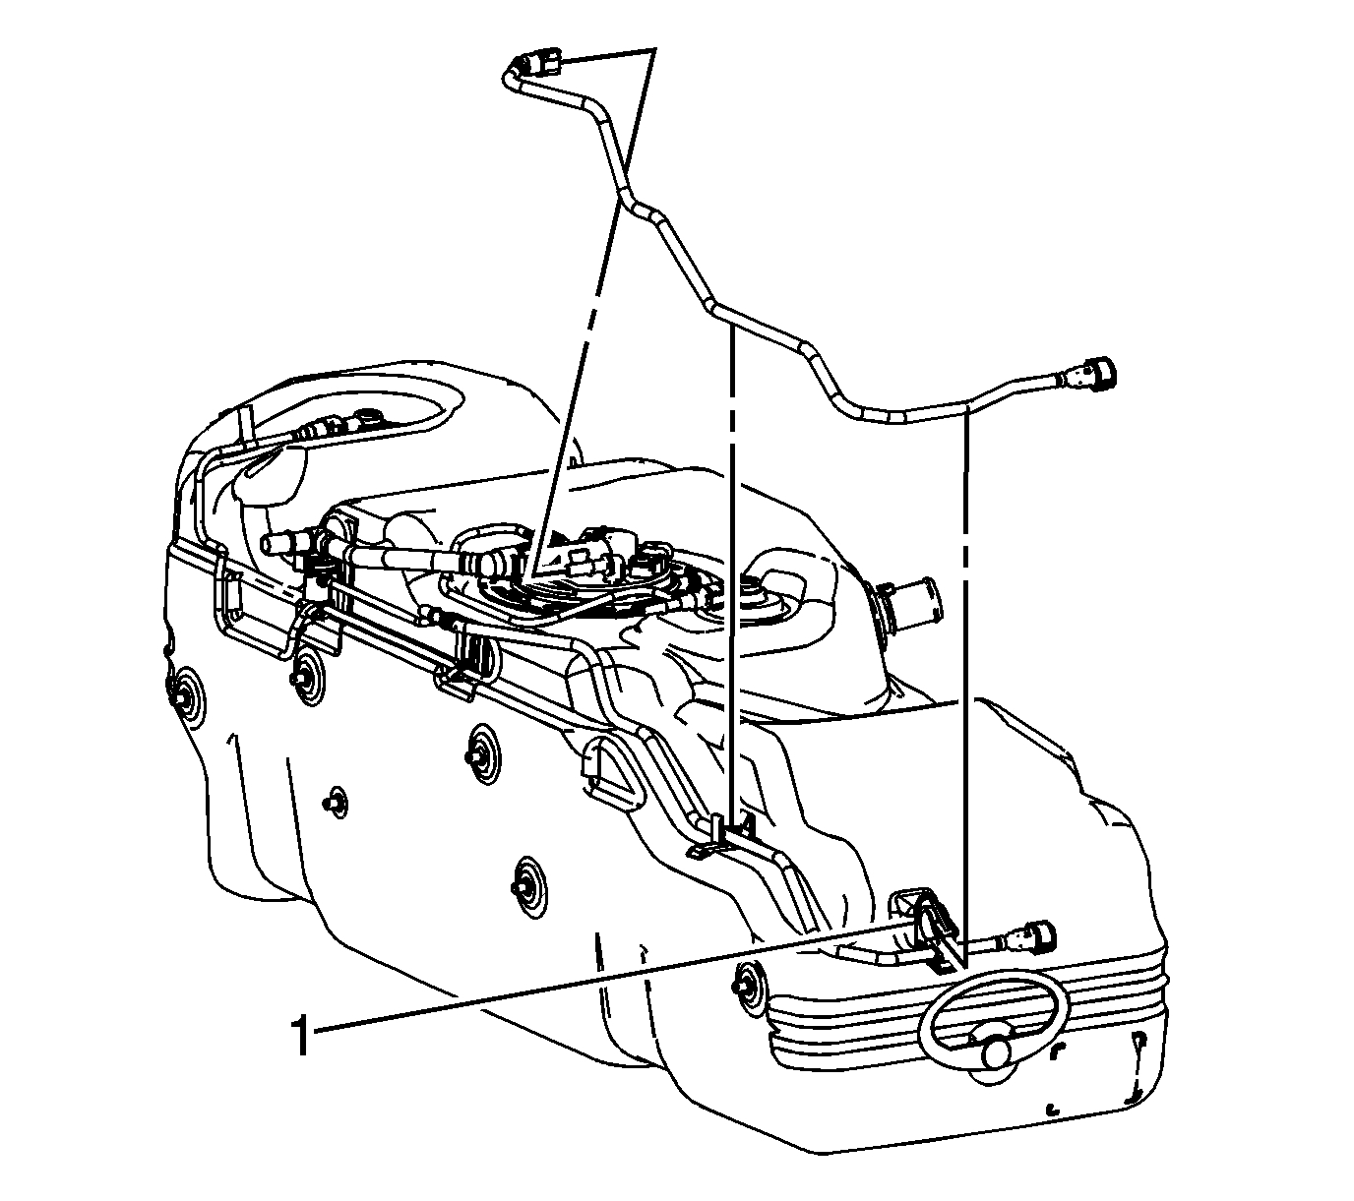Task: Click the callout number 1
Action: click(301, 1038)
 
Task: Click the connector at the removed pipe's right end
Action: click(1090, 374)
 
